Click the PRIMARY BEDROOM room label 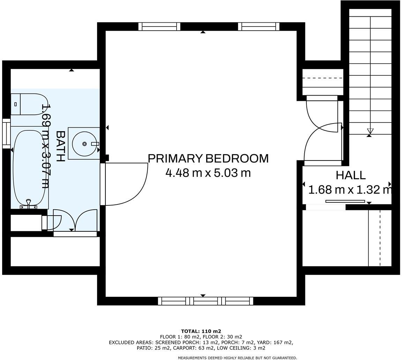pyautogui.click(x=208, y=158)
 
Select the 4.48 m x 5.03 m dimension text pyautogui.click(x=208, y=173)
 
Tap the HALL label pyautogui.click(x=350, y=175)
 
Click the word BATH pyautogui.click(x=60, y=146)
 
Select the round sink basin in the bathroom pyautogui.click(x=84, y=144)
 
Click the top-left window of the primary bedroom pyautogui.click(x=159, y=27)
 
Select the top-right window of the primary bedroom pyautogui.click(x=259, y=27)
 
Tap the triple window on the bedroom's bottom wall pyautogui.click(x=206, y=301)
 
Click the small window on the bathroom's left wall pyautogui.click(x=6, y=133)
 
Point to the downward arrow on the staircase pyautogui.click(x=370, y=132)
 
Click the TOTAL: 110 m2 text pyautogui.click(x=201, y=331)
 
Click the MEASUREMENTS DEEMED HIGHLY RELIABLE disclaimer pyautogui.click(x=237, y=358)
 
